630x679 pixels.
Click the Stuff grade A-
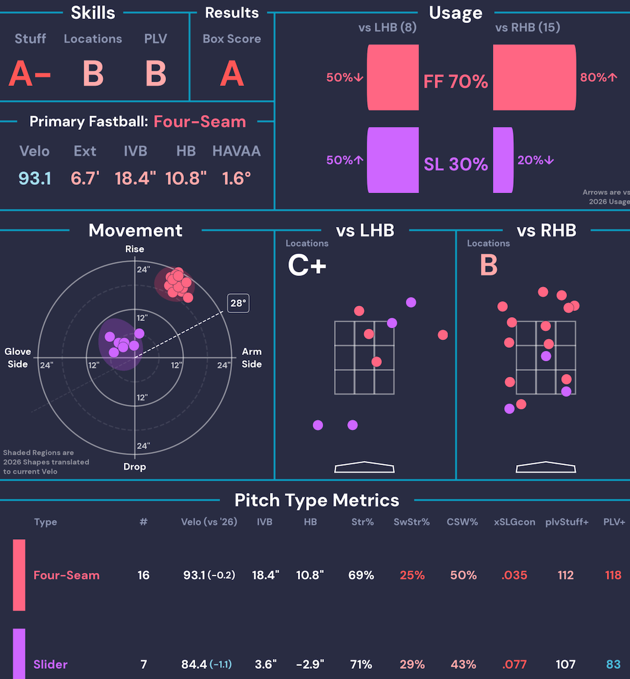(30, 73)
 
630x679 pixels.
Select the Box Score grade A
(232, 73)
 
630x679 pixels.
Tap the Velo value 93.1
(34, 178)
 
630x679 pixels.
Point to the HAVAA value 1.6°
(236, 178)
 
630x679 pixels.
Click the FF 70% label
(456, 81)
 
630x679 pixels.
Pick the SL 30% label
(456, 164)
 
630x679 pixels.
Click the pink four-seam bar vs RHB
(534, 77)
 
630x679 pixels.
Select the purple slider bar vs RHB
(503, 160)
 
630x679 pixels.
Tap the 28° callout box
(238, 303)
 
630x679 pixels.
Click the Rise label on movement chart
(135, 249)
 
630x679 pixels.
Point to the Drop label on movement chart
(135, 467)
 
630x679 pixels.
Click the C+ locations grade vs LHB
(307, 265)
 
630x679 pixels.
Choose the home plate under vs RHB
(546, 467)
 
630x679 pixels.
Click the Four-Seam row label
(66, 575)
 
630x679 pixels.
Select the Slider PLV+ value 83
(613, 664)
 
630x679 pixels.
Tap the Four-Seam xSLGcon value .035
(514, 575)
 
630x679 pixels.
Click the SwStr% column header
(412, 522)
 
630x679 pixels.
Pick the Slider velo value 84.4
(194, 664)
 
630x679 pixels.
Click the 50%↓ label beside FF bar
(345, 78)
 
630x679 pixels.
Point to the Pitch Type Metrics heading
(317, 500)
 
